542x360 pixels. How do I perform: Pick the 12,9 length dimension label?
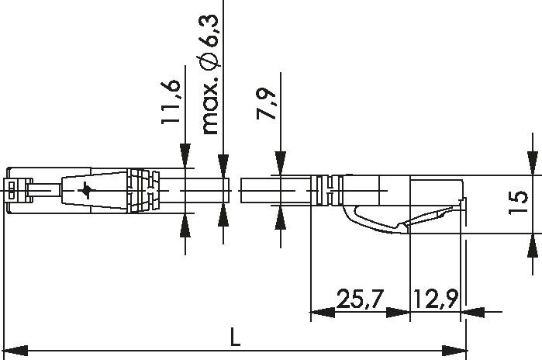pyautogui.click(x=435, y=298)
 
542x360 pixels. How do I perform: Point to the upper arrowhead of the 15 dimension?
pyautogui.click(x=533, y=162)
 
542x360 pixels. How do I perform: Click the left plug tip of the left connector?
pyautogui.click(x=16, y=189)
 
